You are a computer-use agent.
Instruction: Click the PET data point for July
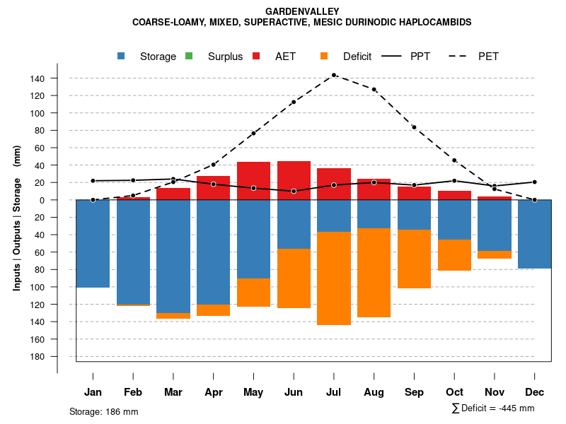coord(334,75)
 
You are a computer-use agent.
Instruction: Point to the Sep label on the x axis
coord(414,392)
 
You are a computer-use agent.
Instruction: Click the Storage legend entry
coord(158,57)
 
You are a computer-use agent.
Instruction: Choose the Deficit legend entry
coord(357,57)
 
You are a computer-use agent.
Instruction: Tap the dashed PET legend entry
coord(488,57)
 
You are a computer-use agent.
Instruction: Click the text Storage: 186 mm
coord(103,411)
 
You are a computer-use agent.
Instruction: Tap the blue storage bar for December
coord(535,234)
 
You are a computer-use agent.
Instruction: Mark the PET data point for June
coord(294,102)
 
